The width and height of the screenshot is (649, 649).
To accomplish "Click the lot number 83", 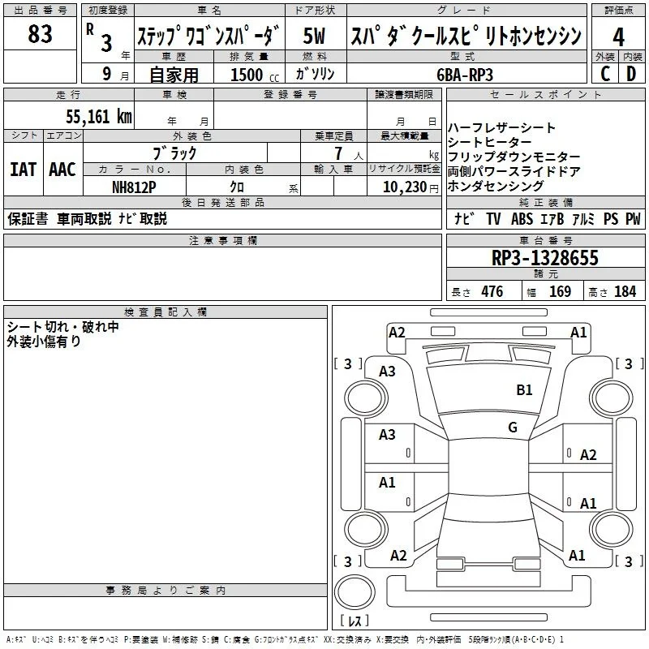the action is pyautogui.click(x=40, y=34).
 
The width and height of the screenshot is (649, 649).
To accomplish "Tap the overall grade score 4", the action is pyautogui.click(x=618, y=37).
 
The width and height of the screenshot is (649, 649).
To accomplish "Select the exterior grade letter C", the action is pyautogui.click(x=605, y=74).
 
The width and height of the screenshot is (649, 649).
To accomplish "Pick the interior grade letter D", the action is pyautogui.click(x=631, y=74).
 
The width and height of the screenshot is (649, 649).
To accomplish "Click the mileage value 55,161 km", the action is pyautogui.click(x=99, y=117).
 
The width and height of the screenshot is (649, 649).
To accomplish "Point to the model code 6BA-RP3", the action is pyautogui.click(x=465, y=75).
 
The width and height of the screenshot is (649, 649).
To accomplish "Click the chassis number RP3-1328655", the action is pyautogui.click(x=545, y=258).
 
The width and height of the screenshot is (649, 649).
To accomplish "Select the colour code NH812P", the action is pyautogui.click(x=134, y=187).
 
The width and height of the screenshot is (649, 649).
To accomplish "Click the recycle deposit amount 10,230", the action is pyautogui.click(x=405, y=187).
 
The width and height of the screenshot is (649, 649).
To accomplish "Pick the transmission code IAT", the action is pyautogui.click(x=24, y=170).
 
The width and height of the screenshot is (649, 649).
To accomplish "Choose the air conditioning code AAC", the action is pyautogui.click(x=62, y=170).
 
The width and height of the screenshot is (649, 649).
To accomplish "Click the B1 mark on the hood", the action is pyautogui.click(x=524, y=390).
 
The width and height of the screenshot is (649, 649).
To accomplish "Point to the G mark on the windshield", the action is pyautogui.click(x=513, y=427).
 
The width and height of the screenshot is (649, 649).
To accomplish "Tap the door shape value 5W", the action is pyautogui.click(x=314, y=36).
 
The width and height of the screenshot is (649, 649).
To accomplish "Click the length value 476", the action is pyautogui.click(x=492, y=291).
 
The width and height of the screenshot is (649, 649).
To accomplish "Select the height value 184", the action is pyautogui.click(x=625, y=291).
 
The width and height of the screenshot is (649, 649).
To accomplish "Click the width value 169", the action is pyautogui.click(x=560, y=291).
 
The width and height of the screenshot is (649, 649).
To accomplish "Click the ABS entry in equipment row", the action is pyautogui.click(x=522, y=219).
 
